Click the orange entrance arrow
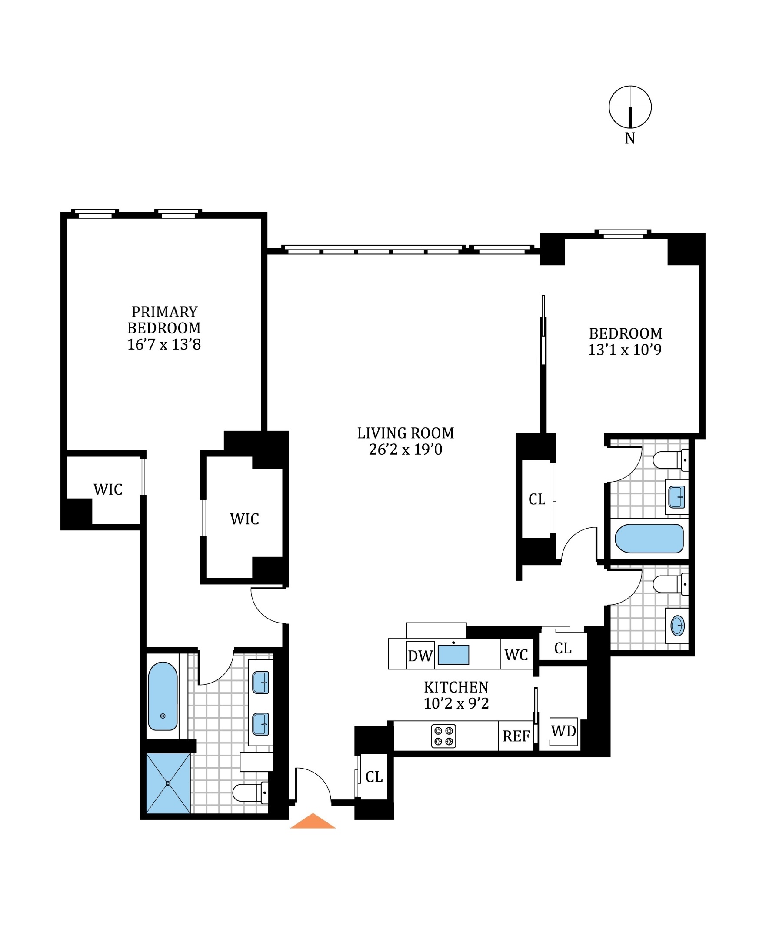[x=313, y=821]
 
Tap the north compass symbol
[x=629, y=107]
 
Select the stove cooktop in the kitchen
[x=443, y=736]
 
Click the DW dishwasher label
[x=420, y=656]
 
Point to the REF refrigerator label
[x=516, y=736]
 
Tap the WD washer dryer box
[x=563, y=731]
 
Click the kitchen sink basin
[x=453, y=655]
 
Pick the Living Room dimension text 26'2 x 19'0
[x=406, y=450]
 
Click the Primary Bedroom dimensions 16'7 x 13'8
[x=164, y=345]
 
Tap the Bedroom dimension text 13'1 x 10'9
[x=624, y=350]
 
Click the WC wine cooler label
[x=516, y=655]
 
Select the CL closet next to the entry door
[x=374, y=777]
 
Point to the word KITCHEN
[x=456, y=687]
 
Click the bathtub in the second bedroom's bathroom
[x=649, y=539]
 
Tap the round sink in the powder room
[x=677, y=626]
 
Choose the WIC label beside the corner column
[x=108, y=490]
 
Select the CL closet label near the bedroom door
[x=536, y=499]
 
